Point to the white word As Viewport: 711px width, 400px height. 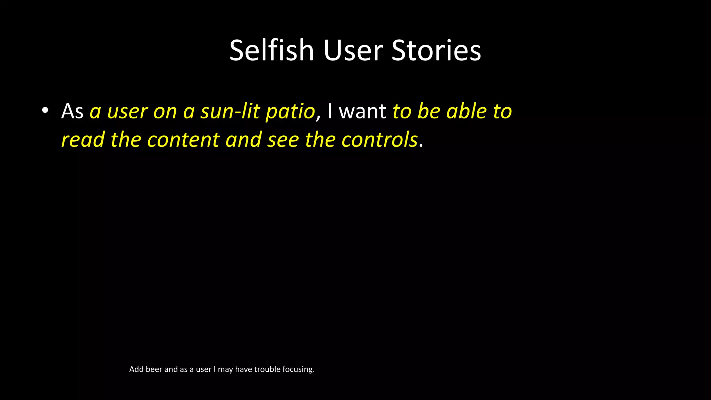click(72, 111)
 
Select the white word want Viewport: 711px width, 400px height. click(362, 112)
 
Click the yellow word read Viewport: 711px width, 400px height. click(83, 140)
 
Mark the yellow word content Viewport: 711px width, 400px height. click(183, 140)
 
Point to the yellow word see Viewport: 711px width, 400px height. click(283, 140)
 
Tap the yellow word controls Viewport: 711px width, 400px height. click(379, 140)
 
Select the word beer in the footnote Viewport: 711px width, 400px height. click(154, 369)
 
